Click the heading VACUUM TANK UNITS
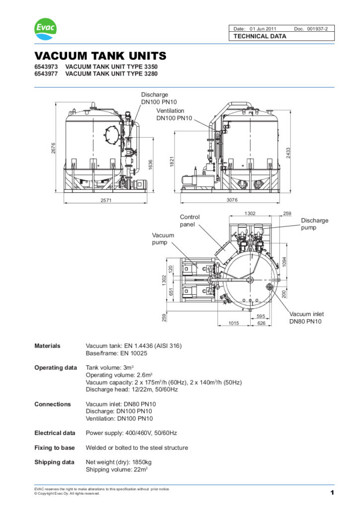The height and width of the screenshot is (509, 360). click(x=100, y=56)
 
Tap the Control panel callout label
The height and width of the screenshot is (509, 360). click(x=189, y=221)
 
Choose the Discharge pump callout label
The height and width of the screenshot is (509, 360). click(x=314, y=224)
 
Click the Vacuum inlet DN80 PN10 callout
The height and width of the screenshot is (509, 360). click(x=306, y=318)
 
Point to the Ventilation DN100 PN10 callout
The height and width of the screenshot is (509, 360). click(x=174, y=114)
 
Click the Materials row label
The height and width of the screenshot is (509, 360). click(x=47, y=346)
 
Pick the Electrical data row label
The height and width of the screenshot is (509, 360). click(x=55, y=433)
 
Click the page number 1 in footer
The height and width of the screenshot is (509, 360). click(x=331, y=492)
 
